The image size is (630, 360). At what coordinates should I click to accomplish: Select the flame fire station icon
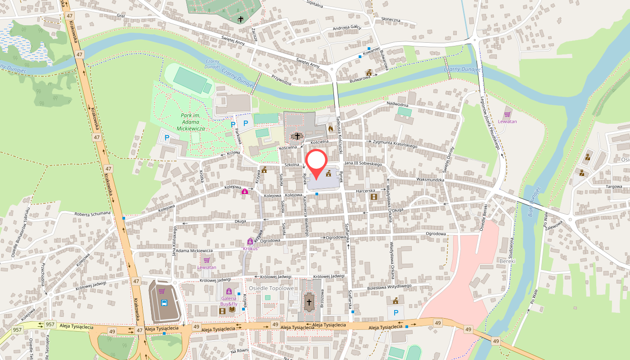(x=331, y=128)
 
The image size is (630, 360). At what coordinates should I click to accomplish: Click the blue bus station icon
(x=164, y=303)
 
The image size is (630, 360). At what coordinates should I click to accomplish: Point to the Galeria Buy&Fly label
(x=229, y=301)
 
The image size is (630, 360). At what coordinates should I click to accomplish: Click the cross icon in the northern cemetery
(x=241, y=19)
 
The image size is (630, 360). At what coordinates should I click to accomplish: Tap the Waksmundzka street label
(x=430, y=180)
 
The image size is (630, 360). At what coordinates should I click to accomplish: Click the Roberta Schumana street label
(x=92, y=213)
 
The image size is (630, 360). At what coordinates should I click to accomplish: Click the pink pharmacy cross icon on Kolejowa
(x=244, y=191)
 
